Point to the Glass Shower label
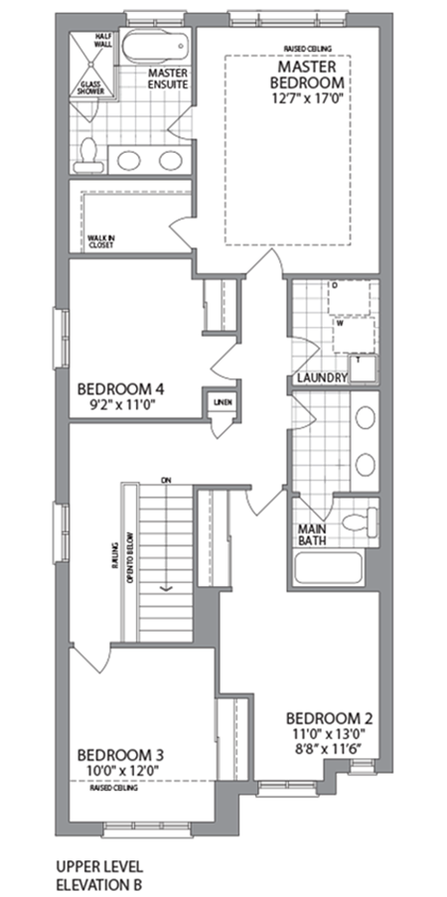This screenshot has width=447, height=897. point(90,87)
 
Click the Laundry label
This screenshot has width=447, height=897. point(321,378)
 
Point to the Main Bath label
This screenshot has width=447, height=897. point(315,534)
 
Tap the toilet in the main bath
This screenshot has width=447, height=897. point(358,522)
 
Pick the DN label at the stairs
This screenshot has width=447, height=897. point(166,480)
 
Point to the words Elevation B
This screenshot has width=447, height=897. point(99,882)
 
